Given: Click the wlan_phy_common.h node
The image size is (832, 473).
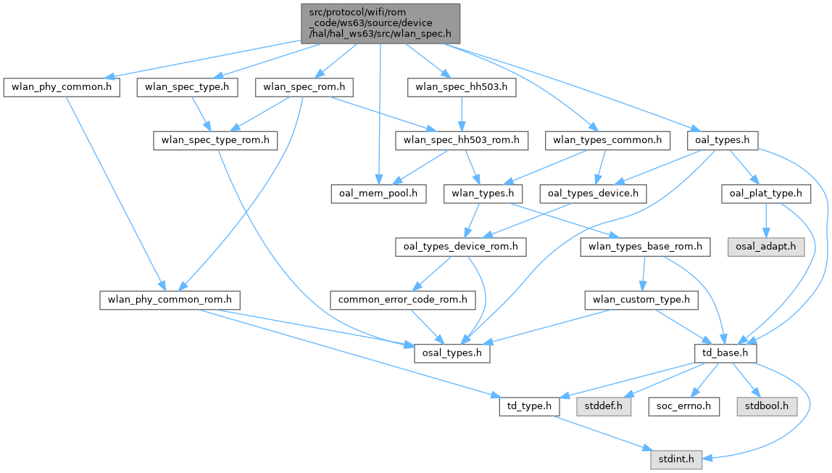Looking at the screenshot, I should click(62, 88).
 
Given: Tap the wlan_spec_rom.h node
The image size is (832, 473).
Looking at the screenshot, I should click(304, 88).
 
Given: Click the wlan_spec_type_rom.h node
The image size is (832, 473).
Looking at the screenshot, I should click(215, 140).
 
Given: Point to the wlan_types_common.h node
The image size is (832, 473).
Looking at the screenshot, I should click(607, 140).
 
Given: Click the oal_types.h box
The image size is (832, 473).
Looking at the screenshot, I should click(723, 140).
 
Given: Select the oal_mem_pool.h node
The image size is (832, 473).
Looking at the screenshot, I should click(378, 194).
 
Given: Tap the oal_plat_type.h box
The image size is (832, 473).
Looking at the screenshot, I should click(766, 194).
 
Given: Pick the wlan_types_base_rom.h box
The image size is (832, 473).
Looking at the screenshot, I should click(642, 247).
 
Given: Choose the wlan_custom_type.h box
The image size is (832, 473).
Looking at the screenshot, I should click(642, 300).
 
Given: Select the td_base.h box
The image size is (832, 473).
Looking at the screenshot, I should click(725, 353).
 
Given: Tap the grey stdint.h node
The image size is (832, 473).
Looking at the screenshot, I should click(675, 459).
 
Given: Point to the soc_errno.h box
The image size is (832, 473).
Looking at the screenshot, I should click(683, 406).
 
